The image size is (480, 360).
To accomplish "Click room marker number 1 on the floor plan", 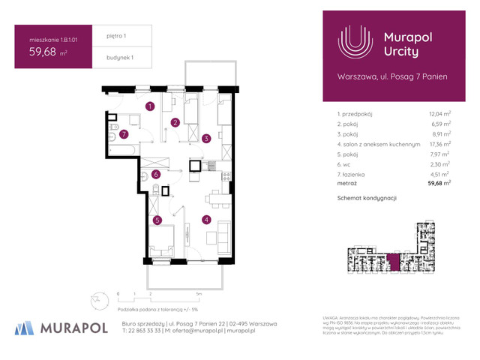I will coord(150,106).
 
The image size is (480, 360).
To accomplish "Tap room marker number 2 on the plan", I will coord(175,122).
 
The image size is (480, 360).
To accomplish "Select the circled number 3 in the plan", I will coord(205,138).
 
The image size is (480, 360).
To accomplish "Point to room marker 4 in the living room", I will coord(205,220).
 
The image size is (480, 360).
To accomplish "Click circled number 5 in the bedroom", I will coord(157,220).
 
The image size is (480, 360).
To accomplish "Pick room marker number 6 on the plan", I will coord(156,175).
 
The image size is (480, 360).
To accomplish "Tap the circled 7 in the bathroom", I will coord(125,135).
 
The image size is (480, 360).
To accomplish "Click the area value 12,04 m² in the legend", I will coord(439,113).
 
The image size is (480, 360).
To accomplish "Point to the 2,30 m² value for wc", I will coord(439,163).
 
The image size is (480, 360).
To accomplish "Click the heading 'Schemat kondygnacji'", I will coord(367,198).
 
